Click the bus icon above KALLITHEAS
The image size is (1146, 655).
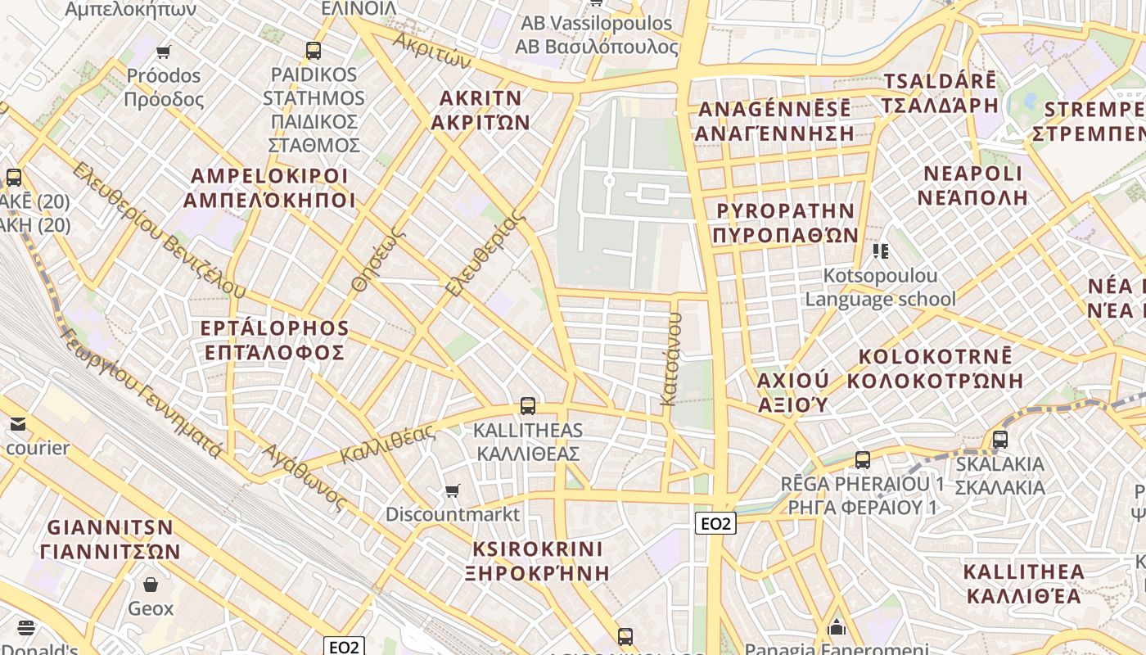tap(528, 405)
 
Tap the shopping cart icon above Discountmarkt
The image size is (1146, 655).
tap(452, 490)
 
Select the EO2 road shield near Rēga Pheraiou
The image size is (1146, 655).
tap(715, 523)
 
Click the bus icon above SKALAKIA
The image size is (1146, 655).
tap(999, 440)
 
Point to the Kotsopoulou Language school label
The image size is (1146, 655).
tap(880, 287)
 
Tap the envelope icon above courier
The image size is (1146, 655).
tap(18, 424)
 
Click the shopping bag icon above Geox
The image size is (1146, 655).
tap(151, 585)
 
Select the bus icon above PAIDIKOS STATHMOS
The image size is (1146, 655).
tap(314, 51)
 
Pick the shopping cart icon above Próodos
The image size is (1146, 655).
tap(163, 52)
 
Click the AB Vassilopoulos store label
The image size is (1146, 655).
tap(597, 34)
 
